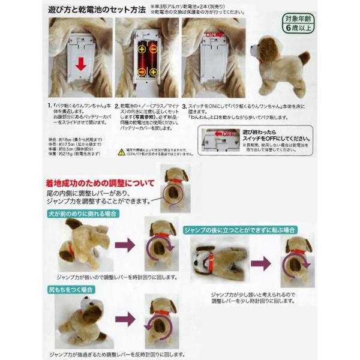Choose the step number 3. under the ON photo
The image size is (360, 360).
(185, 104)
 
